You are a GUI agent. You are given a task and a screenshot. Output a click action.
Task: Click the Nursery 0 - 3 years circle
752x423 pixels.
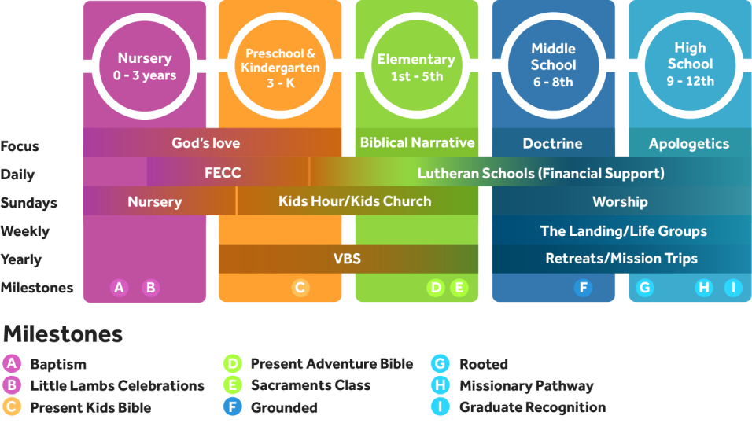point(145,67)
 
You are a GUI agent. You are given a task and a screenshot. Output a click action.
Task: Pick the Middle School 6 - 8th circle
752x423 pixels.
point(553,66)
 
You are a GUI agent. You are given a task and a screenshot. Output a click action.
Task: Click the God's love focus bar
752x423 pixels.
point(206,143)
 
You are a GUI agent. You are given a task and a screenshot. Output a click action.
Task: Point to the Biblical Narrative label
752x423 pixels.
point(417,143)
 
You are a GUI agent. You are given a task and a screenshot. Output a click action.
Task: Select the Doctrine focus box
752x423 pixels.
point(553,144)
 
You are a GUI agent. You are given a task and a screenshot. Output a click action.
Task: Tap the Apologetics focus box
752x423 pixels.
point(689,144)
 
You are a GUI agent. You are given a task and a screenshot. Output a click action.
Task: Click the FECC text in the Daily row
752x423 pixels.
point(223,173)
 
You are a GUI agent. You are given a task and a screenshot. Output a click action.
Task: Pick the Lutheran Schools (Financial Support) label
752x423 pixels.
point(540,173)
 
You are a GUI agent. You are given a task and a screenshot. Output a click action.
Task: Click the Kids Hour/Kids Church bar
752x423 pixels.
point(355,201)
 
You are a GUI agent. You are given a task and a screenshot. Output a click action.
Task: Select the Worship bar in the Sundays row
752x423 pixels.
point(620,202)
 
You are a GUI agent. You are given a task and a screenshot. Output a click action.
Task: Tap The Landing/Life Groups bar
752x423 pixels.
point(623,231)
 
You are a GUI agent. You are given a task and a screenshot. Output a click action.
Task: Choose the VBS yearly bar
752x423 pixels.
point(347,258)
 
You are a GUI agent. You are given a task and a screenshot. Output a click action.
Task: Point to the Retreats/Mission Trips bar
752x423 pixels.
point(621,258)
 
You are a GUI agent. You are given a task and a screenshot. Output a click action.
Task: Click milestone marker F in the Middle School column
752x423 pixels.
point(584,288)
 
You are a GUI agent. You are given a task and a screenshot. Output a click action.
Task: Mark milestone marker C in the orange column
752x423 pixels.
point(300,288)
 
